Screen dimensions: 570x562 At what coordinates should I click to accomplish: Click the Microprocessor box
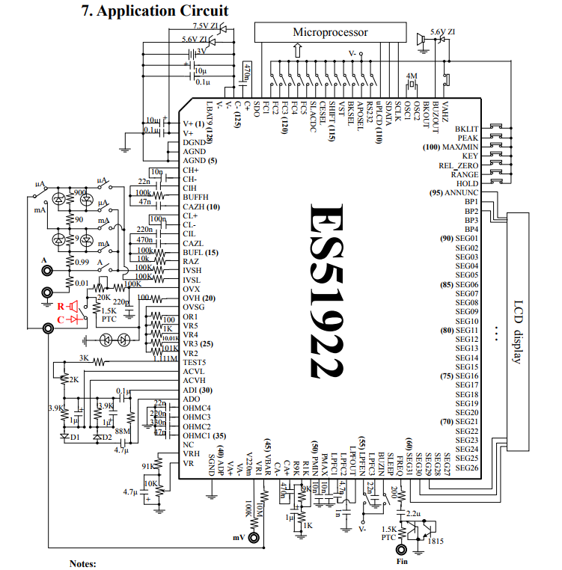coord(330,32)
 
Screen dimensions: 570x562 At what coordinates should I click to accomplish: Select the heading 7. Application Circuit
coord(153,11)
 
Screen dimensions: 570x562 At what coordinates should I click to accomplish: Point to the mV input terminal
coord(254,537)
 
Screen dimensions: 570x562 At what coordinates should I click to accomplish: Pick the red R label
coord(61,306)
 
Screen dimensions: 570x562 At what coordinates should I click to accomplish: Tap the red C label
coord(61,319)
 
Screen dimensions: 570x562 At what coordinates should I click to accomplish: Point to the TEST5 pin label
coord(194,362)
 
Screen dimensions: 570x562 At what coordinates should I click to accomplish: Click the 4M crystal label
coord(411,76)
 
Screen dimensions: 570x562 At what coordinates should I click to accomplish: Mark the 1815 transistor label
coord(436,542)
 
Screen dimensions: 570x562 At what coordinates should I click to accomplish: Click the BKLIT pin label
coord(466,129)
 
